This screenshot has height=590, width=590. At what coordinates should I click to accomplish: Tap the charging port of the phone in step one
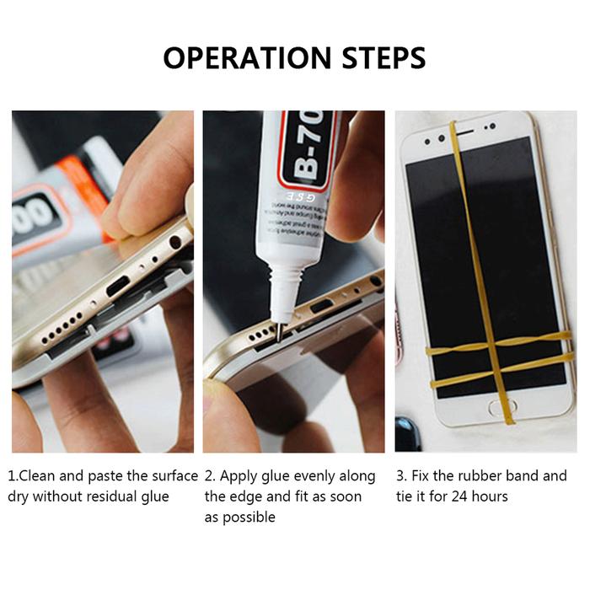(113, 287)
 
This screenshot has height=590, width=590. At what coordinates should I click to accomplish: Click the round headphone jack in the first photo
(174, 242)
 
